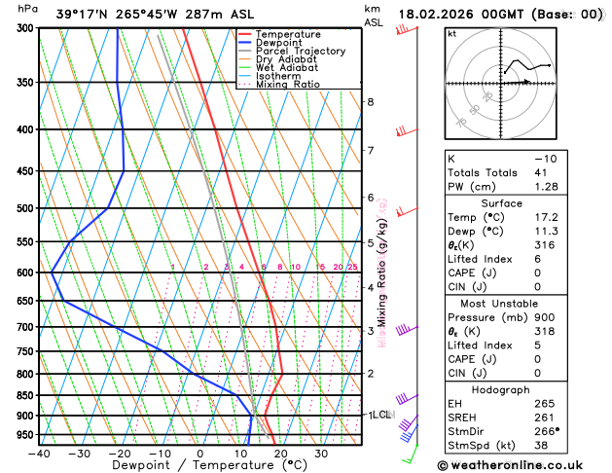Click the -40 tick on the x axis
click(39, 454)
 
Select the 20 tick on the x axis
click(280, 454)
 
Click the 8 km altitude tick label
click(371, 102)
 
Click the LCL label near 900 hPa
click(380, 415)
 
